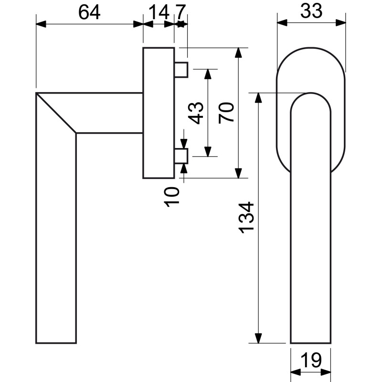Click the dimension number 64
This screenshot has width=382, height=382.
89,12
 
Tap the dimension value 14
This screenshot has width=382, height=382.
159,12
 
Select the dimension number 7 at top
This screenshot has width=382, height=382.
180,12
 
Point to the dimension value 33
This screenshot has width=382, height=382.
311,11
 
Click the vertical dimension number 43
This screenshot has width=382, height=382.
196,113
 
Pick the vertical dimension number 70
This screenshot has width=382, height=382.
226,113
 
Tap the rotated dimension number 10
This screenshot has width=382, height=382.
172,197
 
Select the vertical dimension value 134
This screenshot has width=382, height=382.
246,218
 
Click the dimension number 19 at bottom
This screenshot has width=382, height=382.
311,360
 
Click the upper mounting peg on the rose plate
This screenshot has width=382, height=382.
181,70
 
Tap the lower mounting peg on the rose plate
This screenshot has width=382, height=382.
181,156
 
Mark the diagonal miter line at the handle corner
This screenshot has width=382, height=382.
56,113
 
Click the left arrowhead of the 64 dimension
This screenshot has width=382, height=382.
41,24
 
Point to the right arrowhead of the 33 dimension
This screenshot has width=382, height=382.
340,23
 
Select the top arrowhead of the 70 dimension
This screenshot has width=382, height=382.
238,53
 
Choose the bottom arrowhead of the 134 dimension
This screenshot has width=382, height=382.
258,338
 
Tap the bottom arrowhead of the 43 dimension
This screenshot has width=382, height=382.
208,151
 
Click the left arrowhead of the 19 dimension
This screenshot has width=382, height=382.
296,372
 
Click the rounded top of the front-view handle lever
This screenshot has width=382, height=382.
311,93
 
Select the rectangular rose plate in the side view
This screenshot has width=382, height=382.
159,113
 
